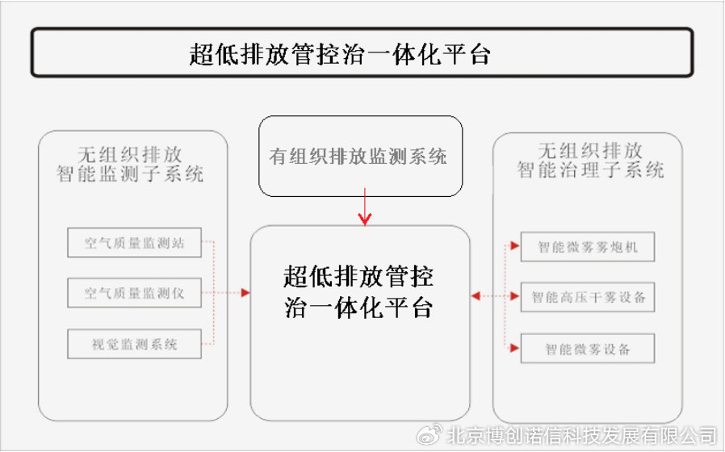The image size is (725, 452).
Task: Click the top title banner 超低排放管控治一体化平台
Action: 362,53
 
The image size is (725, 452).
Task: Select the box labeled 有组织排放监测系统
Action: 360,156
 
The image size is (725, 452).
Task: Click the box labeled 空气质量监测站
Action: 133,243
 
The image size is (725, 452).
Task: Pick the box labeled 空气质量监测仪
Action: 133,294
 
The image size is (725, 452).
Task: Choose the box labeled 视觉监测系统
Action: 133,345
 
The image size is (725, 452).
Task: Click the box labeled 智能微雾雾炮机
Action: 587,246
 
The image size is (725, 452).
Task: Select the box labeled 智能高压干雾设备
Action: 587,297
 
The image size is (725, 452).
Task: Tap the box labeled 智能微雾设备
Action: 587,349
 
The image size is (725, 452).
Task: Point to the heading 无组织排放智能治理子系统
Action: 590,160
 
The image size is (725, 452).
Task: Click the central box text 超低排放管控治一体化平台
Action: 359,292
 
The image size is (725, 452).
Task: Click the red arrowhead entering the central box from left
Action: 245,294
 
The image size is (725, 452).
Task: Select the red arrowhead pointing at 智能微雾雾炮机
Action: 514,245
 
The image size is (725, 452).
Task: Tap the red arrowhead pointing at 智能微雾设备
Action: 514,348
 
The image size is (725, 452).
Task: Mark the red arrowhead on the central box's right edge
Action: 476,297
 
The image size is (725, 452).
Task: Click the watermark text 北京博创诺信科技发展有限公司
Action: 581,436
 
